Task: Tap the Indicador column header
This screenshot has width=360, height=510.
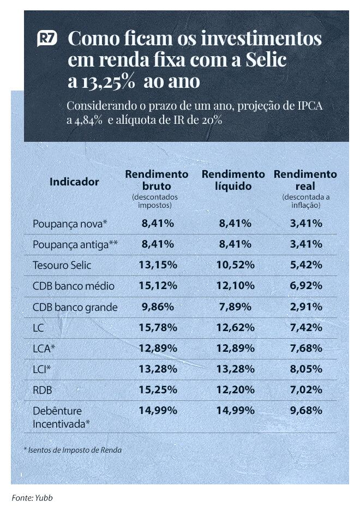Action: (74, 182)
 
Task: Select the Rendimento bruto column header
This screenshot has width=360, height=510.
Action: (157, 180)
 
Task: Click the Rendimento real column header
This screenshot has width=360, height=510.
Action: (305, 180)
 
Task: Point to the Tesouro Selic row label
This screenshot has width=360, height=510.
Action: (62, 266)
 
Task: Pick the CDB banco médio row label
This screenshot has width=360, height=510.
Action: (74, 286)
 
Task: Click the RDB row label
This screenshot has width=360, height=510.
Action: (44, 390)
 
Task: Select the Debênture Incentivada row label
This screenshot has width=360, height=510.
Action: (61, 417)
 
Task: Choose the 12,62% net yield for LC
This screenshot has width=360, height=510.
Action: (236, 327)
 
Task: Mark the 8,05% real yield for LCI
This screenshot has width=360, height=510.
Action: (305, 369)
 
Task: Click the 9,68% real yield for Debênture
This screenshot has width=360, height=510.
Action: (305, 411)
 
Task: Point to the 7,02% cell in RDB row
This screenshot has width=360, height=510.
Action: (305, 390)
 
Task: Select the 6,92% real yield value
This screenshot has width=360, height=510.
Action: (305, 286)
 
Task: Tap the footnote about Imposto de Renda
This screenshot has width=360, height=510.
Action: (73, 450)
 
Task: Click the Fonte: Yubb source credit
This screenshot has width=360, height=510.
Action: (32, 497)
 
